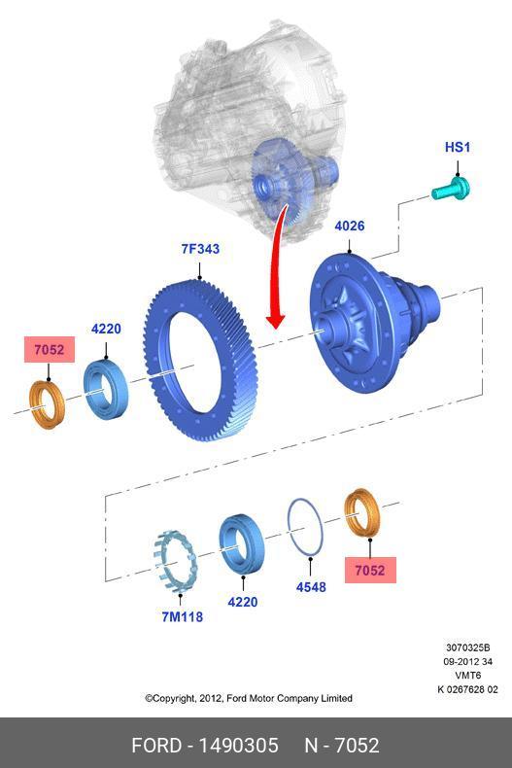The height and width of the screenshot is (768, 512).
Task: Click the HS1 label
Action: click(458, 147)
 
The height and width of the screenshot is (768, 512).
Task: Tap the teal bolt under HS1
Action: click(451, 189)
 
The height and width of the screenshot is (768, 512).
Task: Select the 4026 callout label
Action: click(350, 226)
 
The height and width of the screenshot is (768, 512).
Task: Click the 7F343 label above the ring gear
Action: click(200, 249)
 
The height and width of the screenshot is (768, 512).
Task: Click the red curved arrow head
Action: click(276, 322)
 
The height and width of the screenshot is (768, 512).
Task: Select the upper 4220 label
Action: click(106, 329)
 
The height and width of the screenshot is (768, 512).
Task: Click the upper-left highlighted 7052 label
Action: click(50, 350)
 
